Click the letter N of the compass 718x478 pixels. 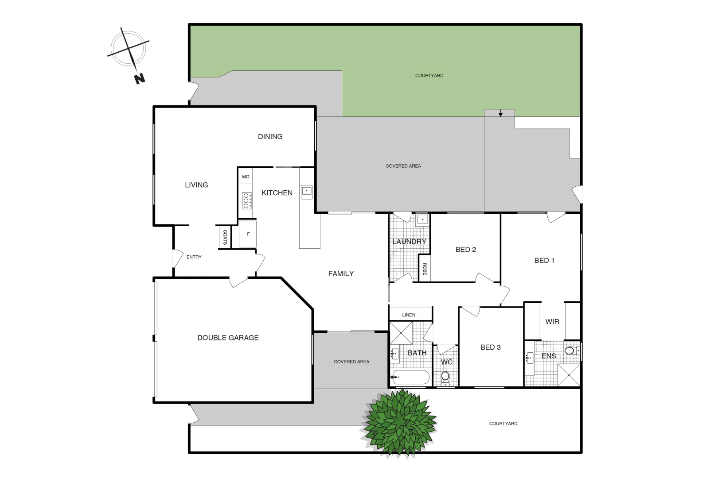click(x=140, y=79)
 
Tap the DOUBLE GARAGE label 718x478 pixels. click(x=228, y=338)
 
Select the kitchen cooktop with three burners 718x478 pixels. click(x=246, y=200)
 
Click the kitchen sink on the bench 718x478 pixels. click(x=306, y=191)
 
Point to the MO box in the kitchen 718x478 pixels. click(x=246, y=177)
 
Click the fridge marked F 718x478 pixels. click(x=248, y=234)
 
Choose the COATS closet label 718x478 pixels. click(x=225, y=237)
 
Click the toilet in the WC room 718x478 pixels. click(x=445, y=377)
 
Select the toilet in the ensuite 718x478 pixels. click(x=570, y=351)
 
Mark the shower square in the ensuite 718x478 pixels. click(x=569, y=375)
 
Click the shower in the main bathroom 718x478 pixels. click(x=401, y=333)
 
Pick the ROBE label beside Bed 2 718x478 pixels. click(x=425, y=269)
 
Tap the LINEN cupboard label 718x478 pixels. click(x=409, y=315)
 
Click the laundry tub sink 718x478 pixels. click(x=422, y=219)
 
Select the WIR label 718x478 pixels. click(x=552, y=322)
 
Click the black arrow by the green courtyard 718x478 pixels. click(x=500, y=114)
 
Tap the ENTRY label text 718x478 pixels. click(x=194, y=257)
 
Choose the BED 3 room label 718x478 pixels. click(x=491, y=347)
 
